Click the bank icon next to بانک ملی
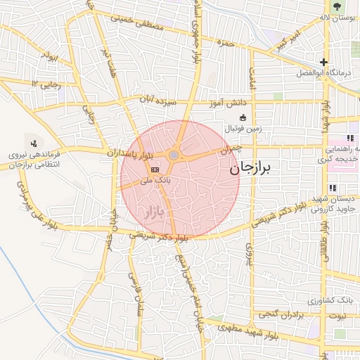click(x=155, y=169)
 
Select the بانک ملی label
click(x=155, y=181)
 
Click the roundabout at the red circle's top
click(x=174, y=155)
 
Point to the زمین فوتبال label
click(x=243, y=129)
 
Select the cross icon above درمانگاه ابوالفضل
click(x=323, y=62)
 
